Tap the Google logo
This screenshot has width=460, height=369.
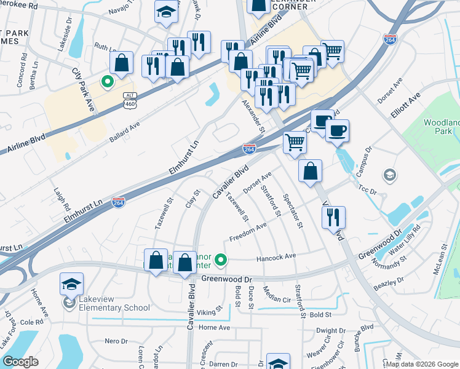tap(20, 362)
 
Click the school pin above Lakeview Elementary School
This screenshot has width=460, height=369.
tap(72, 284)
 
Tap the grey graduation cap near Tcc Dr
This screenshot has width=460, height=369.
tap(389, 176)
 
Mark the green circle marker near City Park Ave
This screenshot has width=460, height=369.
tap(107, 81)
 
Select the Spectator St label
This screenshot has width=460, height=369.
tap(293, 211)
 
